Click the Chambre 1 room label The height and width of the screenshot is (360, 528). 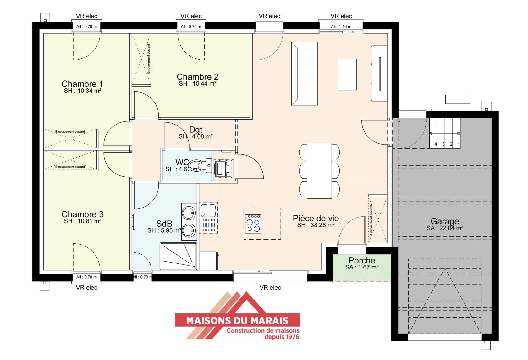click(82, 84)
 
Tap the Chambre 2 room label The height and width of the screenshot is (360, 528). click(197, 77)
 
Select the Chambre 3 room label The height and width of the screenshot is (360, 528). click(82, 214)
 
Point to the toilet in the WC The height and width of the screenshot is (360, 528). click(200, 165)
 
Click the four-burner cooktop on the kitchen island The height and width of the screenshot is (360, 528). click(253, 224)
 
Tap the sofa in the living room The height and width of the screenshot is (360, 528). click(305, 74)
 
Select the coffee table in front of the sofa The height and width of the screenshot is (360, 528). click(347, 75)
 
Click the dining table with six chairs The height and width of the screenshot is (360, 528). click(319, 171)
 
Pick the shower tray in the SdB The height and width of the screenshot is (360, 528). click(178, 256)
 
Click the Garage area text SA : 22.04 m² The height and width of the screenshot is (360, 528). click(445, 228)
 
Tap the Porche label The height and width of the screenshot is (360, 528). click(362, 260)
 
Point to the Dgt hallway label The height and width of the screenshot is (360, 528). click(195, 130)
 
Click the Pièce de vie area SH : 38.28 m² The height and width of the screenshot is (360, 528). click(316, 225)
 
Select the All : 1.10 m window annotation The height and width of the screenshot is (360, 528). click(341, 27)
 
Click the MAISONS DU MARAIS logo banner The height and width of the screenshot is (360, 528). click(237, 320)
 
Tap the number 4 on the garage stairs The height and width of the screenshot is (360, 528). click(436, 144)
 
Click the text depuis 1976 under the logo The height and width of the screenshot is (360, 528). click(282, 337)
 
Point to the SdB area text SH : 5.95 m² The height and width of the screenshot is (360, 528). click(164, 230)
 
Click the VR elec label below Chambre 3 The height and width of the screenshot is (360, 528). click(86, 287)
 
